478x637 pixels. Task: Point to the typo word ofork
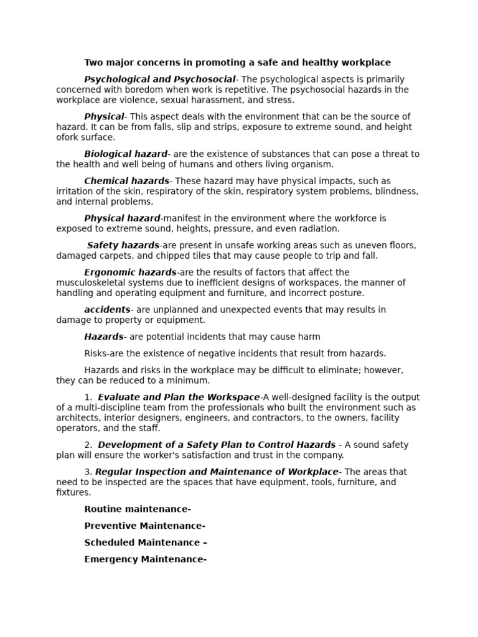click(x=68, y=137)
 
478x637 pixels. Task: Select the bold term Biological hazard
click(x=126, y=154)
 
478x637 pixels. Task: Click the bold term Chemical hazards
click(x=126, y=181)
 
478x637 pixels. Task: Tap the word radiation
click(x=316, y=229)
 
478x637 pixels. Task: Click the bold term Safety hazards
click(x=123, y=246)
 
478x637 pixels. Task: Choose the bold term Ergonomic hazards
click(x=130, y=272)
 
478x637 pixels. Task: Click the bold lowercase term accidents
click(x=107, y=310)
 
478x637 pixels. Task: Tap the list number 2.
click(x=88, y=445)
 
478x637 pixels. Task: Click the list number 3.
click(x=88, y=472)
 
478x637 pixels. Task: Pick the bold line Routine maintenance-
click(x=138, y=509)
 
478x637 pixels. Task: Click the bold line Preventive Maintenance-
click(x=144, y=526)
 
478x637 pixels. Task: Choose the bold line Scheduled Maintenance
click(x=142, y=542)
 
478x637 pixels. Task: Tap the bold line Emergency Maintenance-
click(x=145, y=559)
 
